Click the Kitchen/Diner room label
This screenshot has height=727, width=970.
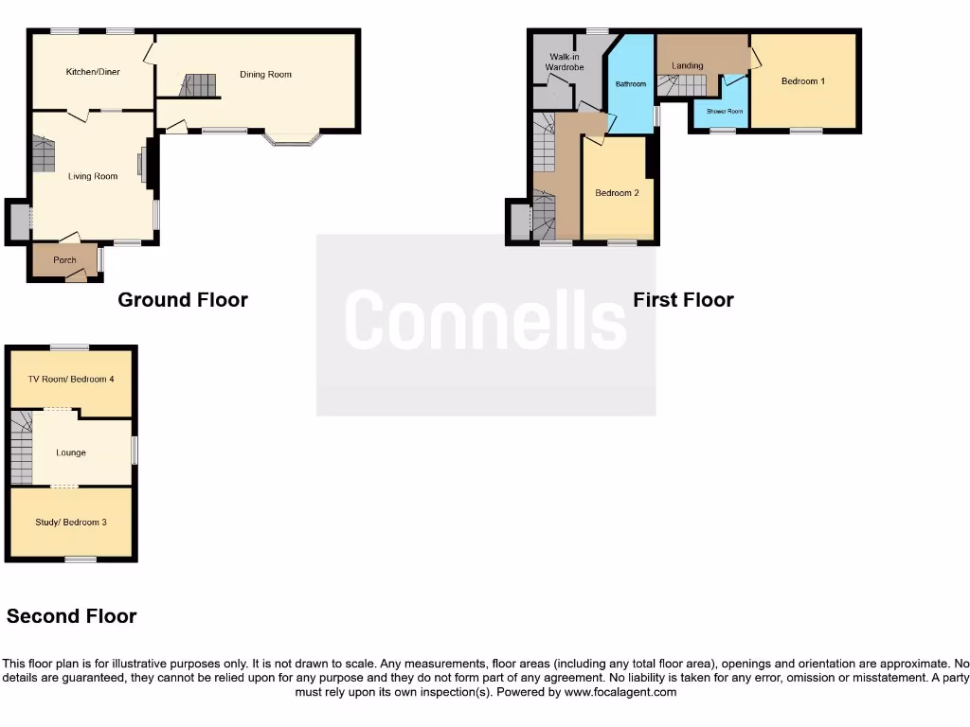[91, 72]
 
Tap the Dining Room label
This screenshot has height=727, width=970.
[265, 74]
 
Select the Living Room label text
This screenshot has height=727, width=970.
[93, 176]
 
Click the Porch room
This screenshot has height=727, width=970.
[64, 260]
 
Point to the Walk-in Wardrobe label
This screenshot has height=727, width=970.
[565, 62]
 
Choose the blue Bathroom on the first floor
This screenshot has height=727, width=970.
[631, 84]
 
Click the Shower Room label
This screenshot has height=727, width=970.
[724, 112]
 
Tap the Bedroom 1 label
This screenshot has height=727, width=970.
[802, 81]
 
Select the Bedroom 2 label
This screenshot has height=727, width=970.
[617, 193]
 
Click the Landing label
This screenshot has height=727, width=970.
[687, 65]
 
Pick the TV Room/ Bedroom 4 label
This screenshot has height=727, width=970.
[71, 379]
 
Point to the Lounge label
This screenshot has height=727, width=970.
[71, 452]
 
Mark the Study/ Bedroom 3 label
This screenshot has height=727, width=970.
[71, 523]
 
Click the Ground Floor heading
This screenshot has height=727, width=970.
[183, 300]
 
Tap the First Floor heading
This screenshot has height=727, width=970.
[683, 300]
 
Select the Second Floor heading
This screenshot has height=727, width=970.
[72, 616]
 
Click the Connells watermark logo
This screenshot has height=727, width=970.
[485, 322]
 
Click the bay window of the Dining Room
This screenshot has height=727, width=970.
[294, 141]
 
